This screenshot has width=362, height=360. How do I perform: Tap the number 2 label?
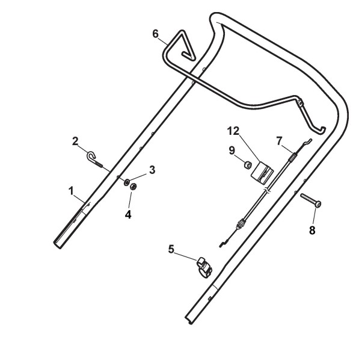click(76, 141)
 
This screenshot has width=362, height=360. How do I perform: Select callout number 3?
click(152, 170)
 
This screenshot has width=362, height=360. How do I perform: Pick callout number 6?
click(156, 34)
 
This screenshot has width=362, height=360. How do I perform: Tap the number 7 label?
click(278, 140)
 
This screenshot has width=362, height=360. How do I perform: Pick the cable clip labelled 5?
click(203, 265)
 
